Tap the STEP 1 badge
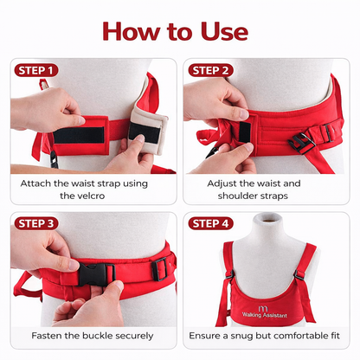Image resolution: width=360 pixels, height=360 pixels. (36, 70)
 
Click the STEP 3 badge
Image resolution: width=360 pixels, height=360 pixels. (36, 223)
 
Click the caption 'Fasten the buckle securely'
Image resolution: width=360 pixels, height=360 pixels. (93, 335)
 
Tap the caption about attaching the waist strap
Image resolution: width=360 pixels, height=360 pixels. (93, 190)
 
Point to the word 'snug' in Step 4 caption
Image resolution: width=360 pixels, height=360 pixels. (251, 335)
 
